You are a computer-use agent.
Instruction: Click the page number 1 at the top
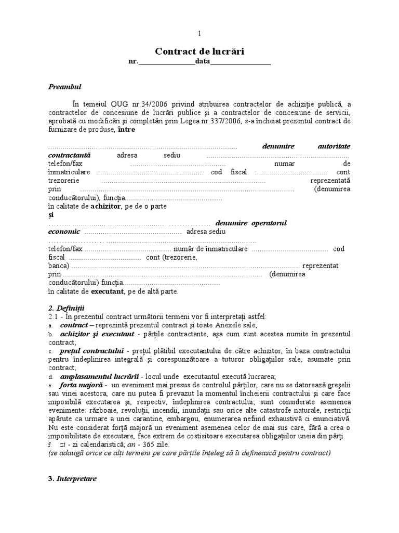[199, 34]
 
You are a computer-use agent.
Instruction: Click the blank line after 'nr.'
[166, 62]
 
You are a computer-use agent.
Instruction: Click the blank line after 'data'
[240, 62]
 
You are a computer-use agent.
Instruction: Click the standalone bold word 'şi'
[51, 214]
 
